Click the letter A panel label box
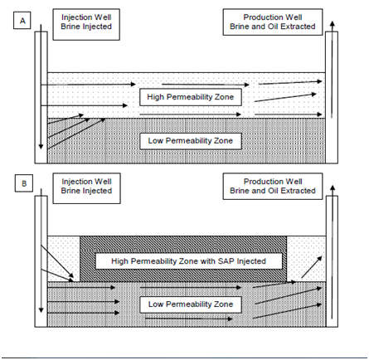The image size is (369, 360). click(x=22, y=21)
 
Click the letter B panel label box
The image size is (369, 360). click(x=24, y=183)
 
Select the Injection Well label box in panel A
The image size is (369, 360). click(x=86, y=24)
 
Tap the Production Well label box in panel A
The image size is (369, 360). click(x=273, y=22)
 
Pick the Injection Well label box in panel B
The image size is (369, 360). click(x=86, y=188)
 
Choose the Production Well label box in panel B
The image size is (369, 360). click(x=273, y=186)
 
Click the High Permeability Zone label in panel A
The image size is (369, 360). click(x=191, y=97)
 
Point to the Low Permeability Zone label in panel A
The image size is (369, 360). click(x=191, y=141)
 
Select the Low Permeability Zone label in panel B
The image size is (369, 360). click(x=191, y=304)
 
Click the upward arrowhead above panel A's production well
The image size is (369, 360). click(x=333, y=24)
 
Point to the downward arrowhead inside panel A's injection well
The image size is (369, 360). click(x=41, y=146)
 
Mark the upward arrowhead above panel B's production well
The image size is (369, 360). click(x=333, y=187)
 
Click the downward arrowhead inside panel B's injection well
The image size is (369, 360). click(x=41, y=310)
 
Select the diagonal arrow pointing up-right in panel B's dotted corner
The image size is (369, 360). click(x=312, y=267)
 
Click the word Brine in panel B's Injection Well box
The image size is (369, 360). click(x=69, y=191)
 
